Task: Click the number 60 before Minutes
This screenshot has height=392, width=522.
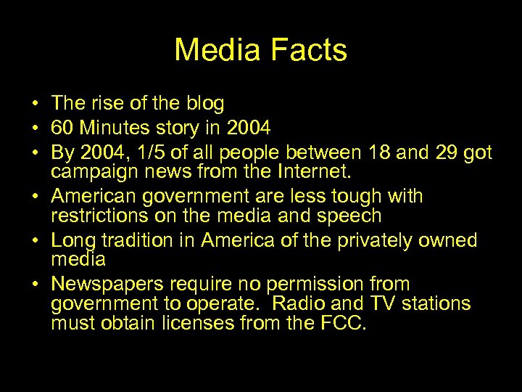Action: [62, 128]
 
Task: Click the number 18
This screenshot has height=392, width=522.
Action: [379, 152]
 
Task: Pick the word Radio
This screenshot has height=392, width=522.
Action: [287, 303]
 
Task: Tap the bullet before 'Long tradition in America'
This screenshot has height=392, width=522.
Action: [35, 240]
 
